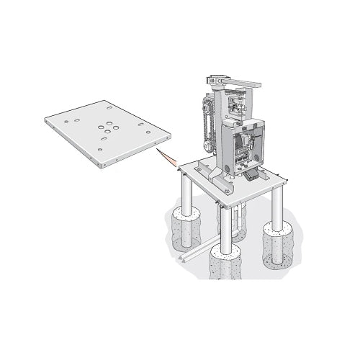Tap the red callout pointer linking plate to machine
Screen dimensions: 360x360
168,159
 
